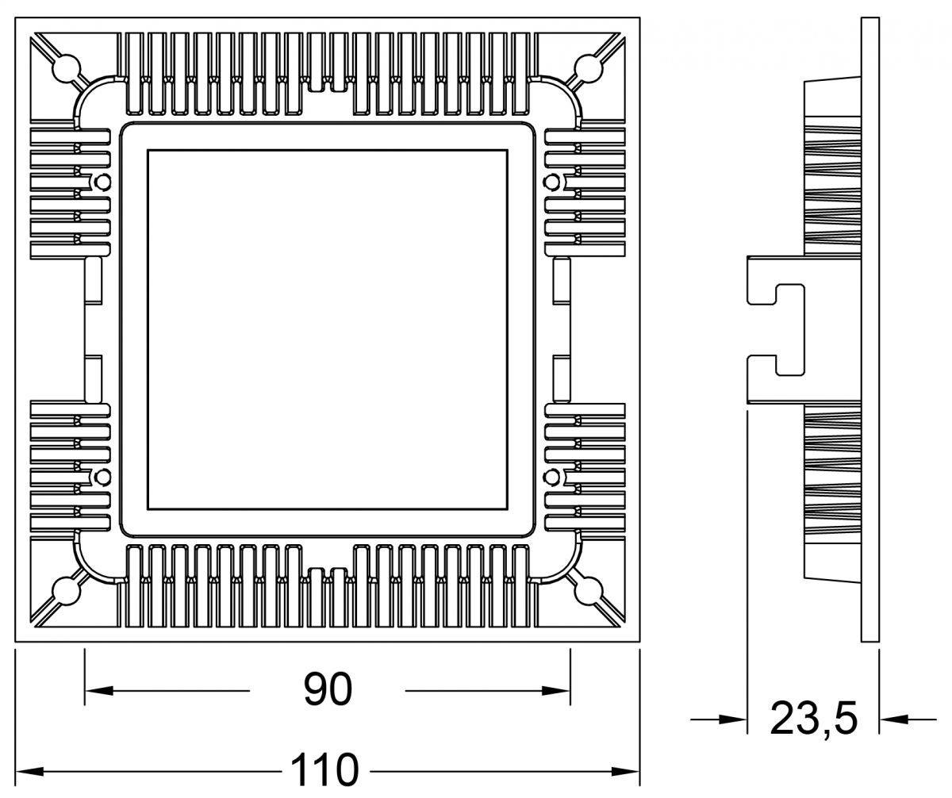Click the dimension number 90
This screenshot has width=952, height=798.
327,689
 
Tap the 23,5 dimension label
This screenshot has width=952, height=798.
814,719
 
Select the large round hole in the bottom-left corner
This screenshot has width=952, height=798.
66,589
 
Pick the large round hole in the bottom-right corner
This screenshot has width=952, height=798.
588,589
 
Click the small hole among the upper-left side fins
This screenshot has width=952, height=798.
102,182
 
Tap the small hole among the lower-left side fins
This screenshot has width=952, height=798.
102,477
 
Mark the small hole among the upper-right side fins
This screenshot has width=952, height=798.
551,182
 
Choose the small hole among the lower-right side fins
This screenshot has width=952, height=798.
551,477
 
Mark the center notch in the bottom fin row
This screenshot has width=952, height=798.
327,574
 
